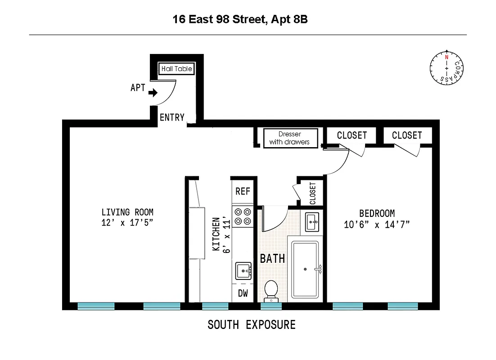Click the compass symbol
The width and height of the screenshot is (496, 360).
(x=446, y=67)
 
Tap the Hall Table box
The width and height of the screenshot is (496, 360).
(x=176, y=69)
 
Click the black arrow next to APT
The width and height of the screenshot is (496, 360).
(x=153, y=93)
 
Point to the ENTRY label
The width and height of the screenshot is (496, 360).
(x=172, y=117)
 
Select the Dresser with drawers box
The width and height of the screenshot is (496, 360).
(x=290, y=138)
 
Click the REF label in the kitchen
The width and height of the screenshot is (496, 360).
(x=243, y=191)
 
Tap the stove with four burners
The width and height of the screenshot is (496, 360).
(x=243, y=216)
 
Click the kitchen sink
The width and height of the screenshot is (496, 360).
(x=243, y=271)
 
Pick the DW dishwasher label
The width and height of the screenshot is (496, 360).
(x=243, y=294)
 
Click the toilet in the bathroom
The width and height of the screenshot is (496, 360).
(x=271, y=290)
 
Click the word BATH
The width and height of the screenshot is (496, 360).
(x=272, y=258)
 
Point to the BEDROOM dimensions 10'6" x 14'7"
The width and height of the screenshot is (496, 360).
(x=377, y=224)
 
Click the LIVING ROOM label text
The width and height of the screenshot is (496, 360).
(x=127, y=212)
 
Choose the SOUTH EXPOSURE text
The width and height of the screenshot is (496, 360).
(x=252, y=324)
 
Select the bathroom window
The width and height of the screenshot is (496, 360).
(x=271, y=306)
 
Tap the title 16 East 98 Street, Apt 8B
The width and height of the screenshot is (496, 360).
(x=240, y=19)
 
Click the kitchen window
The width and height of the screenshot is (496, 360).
(x=215, y=306)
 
